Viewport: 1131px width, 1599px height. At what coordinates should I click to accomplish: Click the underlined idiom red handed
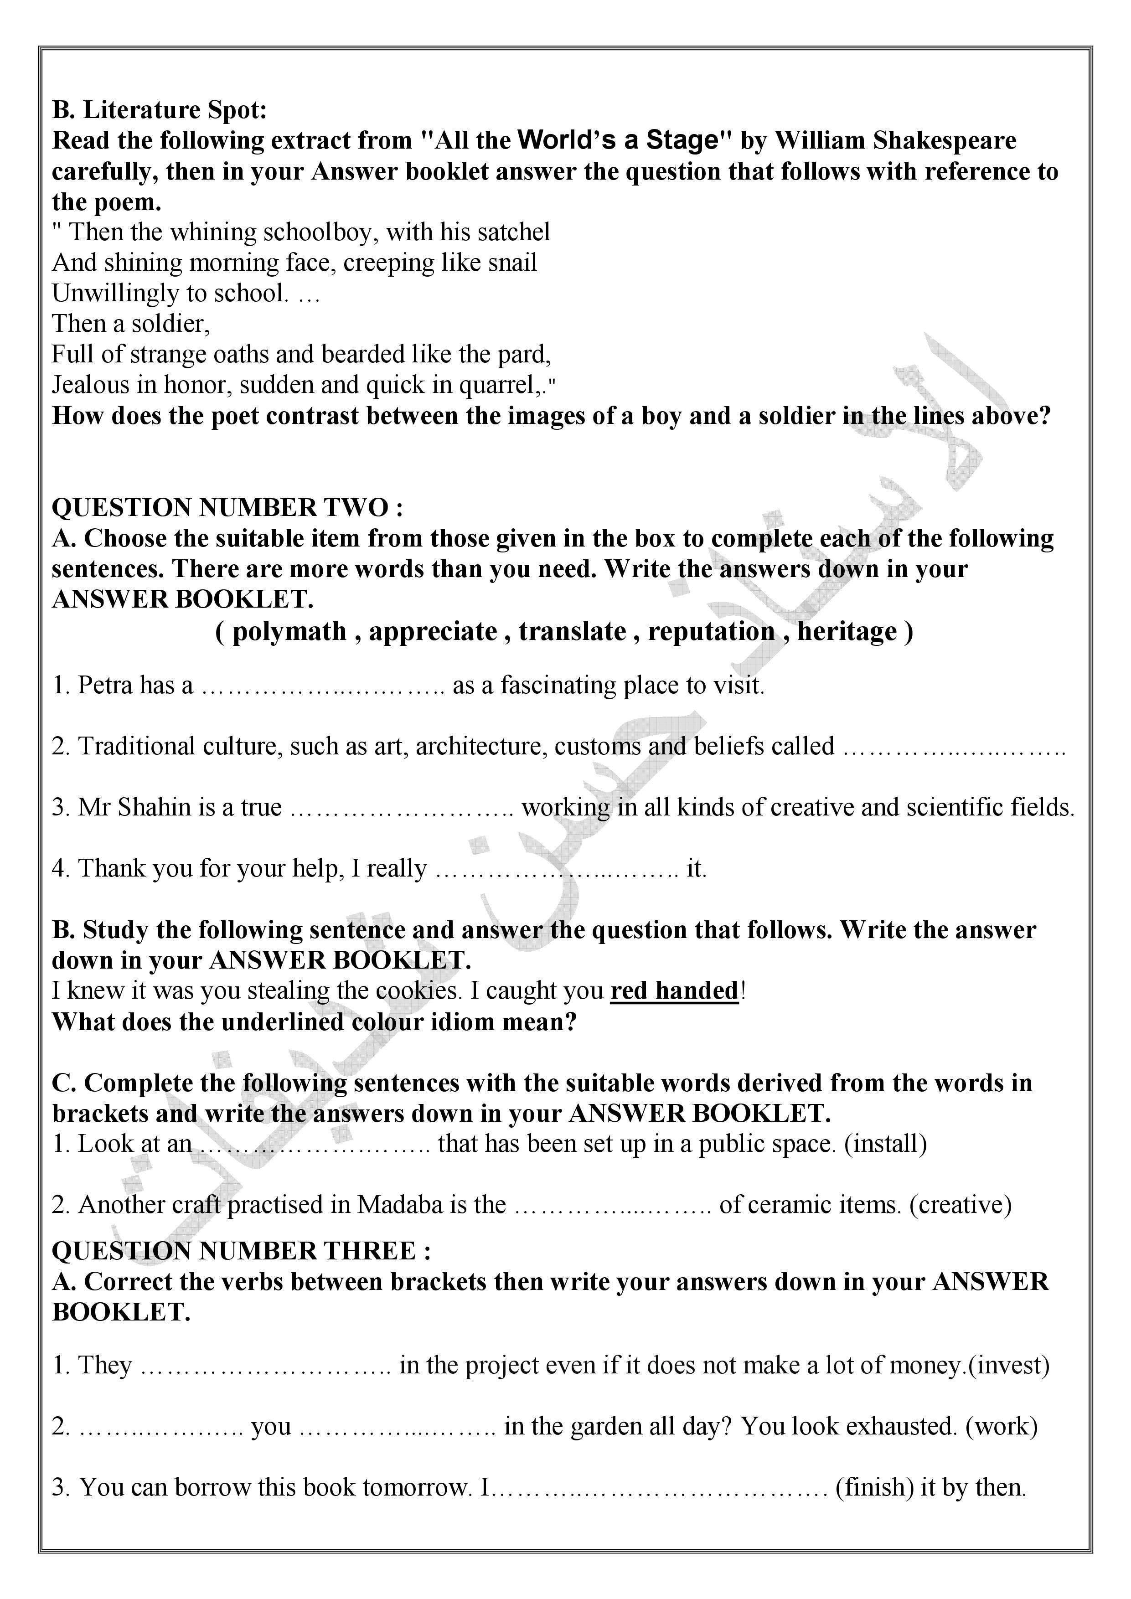tap(673, 990)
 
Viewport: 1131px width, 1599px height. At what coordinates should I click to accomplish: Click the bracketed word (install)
tap(885, 1144)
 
